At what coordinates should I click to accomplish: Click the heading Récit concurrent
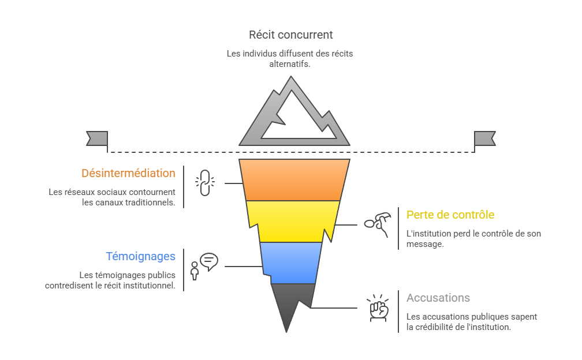(x=290, y=35)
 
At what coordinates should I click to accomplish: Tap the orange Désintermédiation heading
(x=128, y=173)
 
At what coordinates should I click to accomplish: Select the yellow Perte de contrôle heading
(x=450, y=215)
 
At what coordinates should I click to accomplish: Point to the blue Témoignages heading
(x=140, y=257)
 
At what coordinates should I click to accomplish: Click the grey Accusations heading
(x=438, y=298)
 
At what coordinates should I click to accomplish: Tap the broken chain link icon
(x=204, y=183)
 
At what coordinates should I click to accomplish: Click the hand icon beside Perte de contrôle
(x=377, y=224)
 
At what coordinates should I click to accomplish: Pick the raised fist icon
(x=378, y=308)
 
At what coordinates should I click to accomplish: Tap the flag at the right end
(x=484, y=138)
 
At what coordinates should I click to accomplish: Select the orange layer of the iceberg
(x=294, y=180)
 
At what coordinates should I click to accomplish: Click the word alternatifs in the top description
(x=290, y=64)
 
